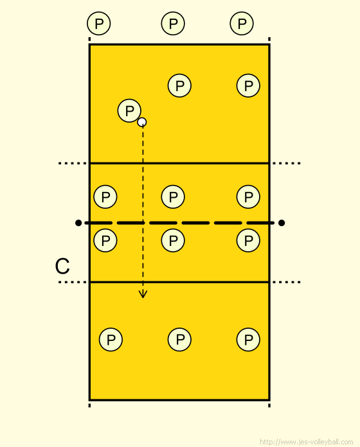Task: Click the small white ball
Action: click(x=142, y=122)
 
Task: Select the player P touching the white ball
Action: click(x=129, y=110)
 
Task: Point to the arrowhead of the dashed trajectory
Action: click(x=143, y=294)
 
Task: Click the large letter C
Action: click(x=62, y=267)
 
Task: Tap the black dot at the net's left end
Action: click(x=78, y=223)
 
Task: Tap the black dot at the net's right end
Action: click(x=282, y=223)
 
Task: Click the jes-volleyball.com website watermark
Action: click(x=307, y=442)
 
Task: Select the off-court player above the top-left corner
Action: click(x=99, y=23)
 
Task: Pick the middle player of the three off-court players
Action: click(x=173, y=23)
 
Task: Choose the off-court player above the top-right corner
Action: click(x=242, y=23)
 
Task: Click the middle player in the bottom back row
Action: click(x=179, y=340)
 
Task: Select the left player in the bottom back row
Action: click(x=111, y=340)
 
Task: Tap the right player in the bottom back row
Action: click(x=248, y=340)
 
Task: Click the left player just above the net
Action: click(x=105, y=197)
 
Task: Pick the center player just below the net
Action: click(x=173, y=240)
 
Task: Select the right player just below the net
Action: click(x=248, y=240)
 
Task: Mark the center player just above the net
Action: click(x=173, y=197)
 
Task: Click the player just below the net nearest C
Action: click(x=105, y=240)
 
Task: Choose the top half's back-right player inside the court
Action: click(x=248, y=85)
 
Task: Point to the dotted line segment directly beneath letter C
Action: click(x=73, y=282)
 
